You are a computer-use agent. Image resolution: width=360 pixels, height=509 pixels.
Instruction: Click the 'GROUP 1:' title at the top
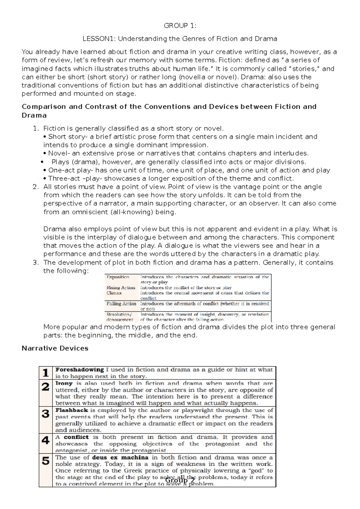coord(180,26)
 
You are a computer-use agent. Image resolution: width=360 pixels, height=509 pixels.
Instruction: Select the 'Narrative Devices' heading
coord(55,348)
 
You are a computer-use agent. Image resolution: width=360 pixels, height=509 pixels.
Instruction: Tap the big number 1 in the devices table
coord(46,373)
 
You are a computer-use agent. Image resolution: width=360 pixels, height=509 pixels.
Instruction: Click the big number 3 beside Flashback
coord(46,414)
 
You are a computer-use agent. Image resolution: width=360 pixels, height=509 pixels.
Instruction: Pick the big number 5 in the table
coord(46,461)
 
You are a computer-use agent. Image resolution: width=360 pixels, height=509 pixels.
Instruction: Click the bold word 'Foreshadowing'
coord(79,370)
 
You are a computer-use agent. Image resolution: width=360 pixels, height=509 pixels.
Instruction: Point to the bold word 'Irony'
coord(64,383)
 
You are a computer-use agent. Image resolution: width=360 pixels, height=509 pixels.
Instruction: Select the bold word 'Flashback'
coord(72,410)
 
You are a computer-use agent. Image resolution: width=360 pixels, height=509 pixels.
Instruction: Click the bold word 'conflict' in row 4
coord(76,437)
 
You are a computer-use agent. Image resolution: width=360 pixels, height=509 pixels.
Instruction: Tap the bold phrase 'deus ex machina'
coord(120,457)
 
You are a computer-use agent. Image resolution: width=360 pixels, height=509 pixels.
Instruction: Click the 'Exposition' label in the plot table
coord(118,277)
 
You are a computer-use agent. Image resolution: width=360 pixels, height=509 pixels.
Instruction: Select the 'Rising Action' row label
coord(121,288)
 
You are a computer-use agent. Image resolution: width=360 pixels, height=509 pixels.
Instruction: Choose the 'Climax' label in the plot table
coord(114,293)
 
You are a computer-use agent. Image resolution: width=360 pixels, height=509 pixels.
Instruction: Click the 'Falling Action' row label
coord(121,304)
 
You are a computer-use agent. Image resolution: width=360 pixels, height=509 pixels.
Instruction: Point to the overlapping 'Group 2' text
coord(180,481)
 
